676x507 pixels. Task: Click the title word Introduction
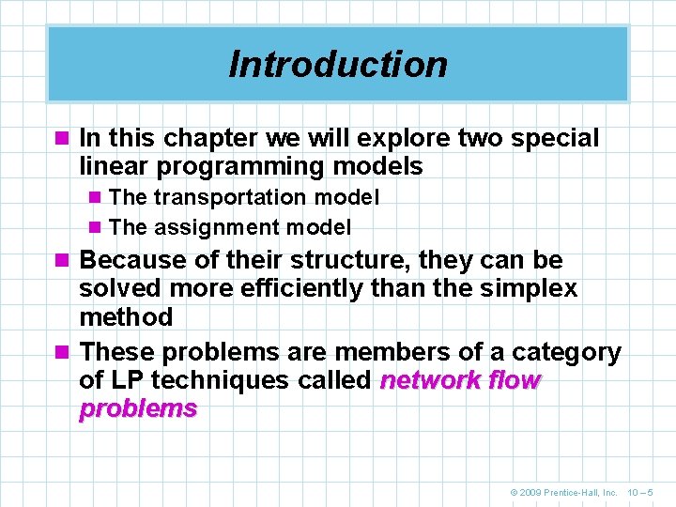(x=338, y=65)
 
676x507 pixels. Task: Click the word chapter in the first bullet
(x=202, y=139)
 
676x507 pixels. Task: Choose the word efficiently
(x=294, y=288)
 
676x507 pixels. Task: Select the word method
(x=126, y=317)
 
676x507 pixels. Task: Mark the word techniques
(x=222, y=380)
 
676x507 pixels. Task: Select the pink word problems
(x=138, y=408)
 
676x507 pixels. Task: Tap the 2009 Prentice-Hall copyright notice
(x=563, y=491)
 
